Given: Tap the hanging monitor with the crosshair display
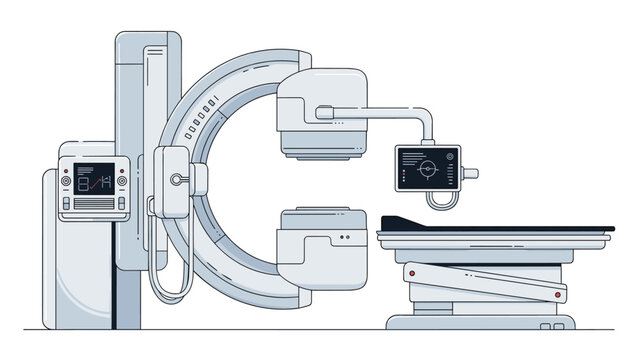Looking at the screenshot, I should point(428,168).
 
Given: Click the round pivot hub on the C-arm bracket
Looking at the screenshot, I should point(177,180).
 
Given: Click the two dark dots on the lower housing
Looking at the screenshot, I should point(345,237).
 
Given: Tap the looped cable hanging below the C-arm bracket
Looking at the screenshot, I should point(169,275).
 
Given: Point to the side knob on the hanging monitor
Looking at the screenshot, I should point(471,173).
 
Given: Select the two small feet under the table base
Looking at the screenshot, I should point(549,327).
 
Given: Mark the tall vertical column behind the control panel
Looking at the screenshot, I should point(148,120).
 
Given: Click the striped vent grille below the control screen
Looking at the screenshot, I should point(92,205).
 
